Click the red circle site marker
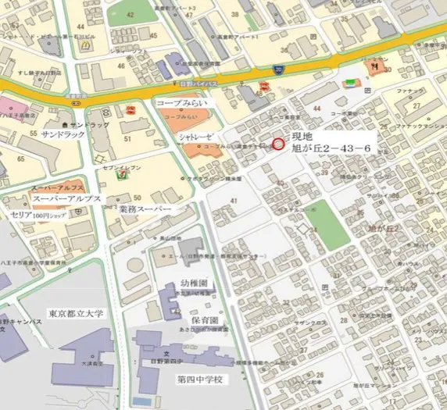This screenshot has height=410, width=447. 279,143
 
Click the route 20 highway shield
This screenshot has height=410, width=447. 278,71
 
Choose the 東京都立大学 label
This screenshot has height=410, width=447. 75,314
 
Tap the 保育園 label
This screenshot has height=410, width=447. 202,320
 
